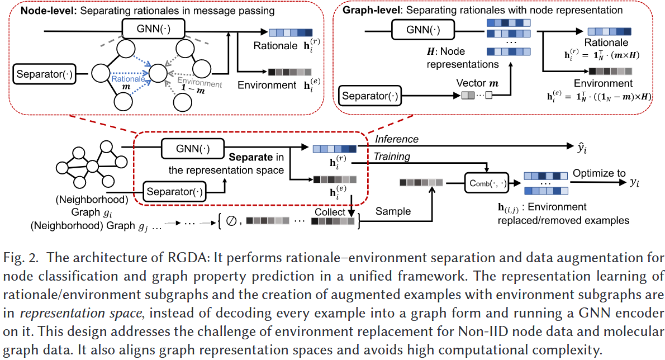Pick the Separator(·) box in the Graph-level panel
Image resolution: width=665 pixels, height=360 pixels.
point(370,96)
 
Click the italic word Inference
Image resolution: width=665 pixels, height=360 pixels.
point(397,139)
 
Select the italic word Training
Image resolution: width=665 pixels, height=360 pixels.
point(392,157)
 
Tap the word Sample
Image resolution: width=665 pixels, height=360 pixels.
point(393,211)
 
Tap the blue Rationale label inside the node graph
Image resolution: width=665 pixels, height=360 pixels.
point(125,80)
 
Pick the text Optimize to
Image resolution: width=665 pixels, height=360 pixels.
point(598,173)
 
